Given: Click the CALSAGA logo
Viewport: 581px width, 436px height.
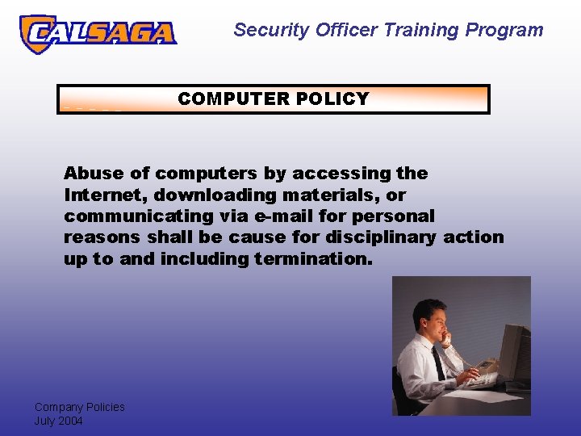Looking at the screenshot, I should tap(97, 33).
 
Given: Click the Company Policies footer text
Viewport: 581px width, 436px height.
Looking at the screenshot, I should tap(79, 407).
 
